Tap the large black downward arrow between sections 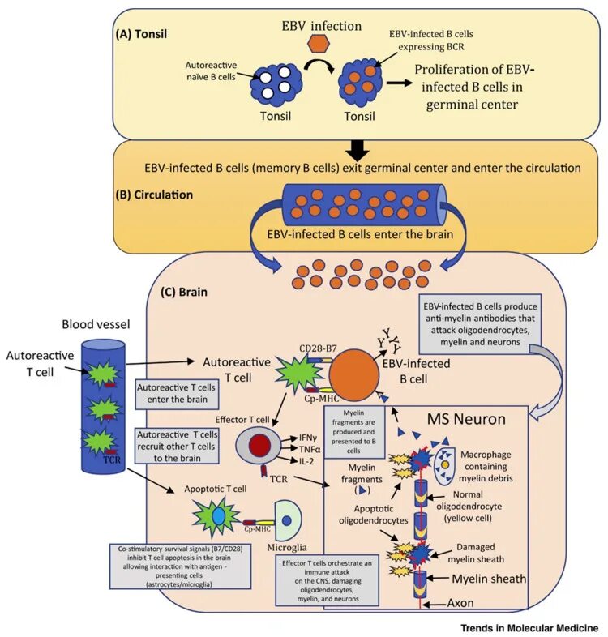click(x=358, y=148)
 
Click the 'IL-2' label click(x=305, y=460)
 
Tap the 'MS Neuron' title click(x=465, y=420)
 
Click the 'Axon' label click(x=462, y=605)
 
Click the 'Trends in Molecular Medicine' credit click(x=529, y=628)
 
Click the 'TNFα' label click(x=308, y=449)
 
